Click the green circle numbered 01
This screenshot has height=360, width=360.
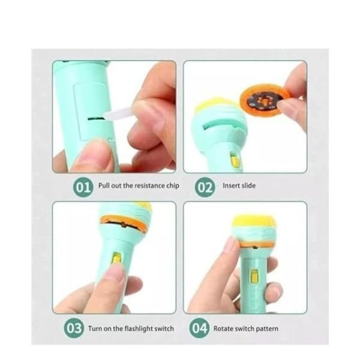click(x=83, y=187)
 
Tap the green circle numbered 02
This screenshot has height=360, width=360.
click(x=205, y=187)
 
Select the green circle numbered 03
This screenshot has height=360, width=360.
click(x=74, y=328)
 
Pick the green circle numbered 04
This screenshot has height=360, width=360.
click(x=199, y=328)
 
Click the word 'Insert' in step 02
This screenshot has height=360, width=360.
click(x=230, y=185)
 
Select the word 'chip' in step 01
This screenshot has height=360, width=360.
click(x=173, y=186)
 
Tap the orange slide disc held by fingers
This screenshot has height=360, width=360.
click(x=263, y=101)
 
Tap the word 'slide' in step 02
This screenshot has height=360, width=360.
click(x=248, y=185)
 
